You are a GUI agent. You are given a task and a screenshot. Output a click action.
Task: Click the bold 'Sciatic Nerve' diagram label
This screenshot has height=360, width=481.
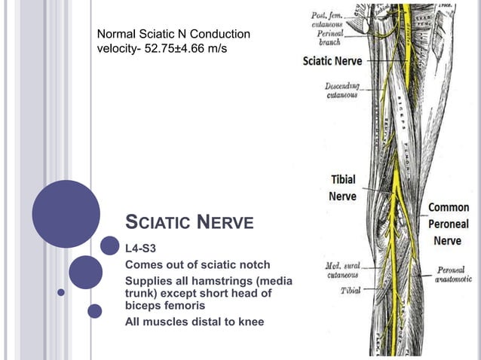(x=332, y=61)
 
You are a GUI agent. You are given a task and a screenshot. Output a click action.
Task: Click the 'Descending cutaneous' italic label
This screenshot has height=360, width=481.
(x=342, y=90)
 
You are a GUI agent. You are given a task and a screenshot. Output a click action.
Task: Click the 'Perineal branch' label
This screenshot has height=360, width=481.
(x=330, y=38)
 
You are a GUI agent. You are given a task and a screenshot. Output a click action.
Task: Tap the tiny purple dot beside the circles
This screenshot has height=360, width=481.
(x=61, y=291)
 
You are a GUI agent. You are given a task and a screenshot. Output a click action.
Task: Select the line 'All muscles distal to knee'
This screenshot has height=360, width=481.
(x=195, y=324)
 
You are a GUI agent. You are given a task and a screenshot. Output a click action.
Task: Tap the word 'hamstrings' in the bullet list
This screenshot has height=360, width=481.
(x=221, y=281)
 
